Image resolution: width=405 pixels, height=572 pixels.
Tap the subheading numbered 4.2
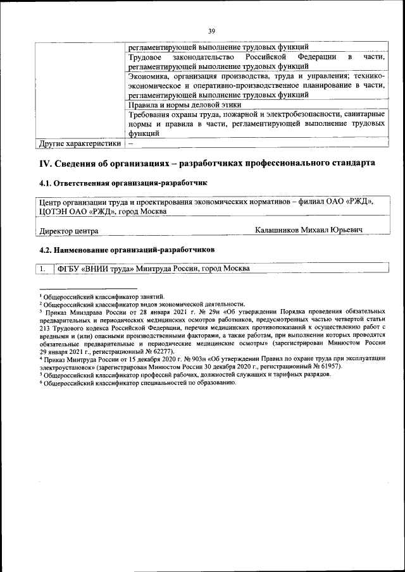(x=127, y=250)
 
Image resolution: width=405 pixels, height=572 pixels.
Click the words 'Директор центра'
(x=69, y=231)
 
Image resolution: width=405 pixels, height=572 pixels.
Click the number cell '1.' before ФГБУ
(x=44, y=269)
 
